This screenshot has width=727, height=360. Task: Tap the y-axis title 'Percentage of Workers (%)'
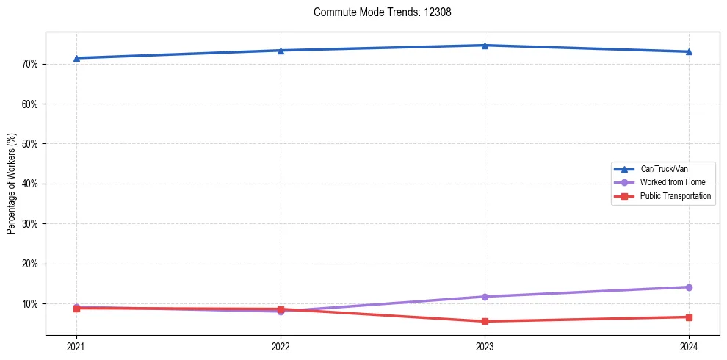point(12,184)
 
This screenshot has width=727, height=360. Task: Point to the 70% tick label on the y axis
point(30,64)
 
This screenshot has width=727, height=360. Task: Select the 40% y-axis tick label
point(30,184)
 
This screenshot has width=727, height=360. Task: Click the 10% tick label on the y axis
point(30,303)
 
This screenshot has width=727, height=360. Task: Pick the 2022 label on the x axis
point(281,346)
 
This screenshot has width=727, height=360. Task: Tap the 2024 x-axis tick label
point(689,346)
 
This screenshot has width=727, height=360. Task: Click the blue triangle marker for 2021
point(76,58)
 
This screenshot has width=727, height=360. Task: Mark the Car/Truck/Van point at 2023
point(485,46)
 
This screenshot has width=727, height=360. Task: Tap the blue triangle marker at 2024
point(689,51)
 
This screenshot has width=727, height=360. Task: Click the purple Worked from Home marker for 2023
point(485,297)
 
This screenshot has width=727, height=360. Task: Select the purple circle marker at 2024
point(689,287)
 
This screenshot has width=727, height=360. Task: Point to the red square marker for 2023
point(485,321)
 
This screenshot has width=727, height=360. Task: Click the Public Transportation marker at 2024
point(689,317)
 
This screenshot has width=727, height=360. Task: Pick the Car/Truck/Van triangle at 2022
point(281,51)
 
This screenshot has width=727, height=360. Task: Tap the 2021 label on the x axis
point(76,346)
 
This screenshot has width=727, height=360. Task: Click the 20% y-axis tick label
point(30,264)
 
